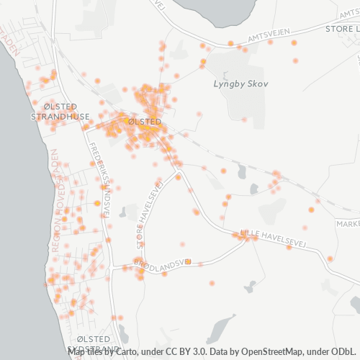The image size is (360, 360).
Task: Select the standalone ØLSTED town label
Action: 144,122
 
